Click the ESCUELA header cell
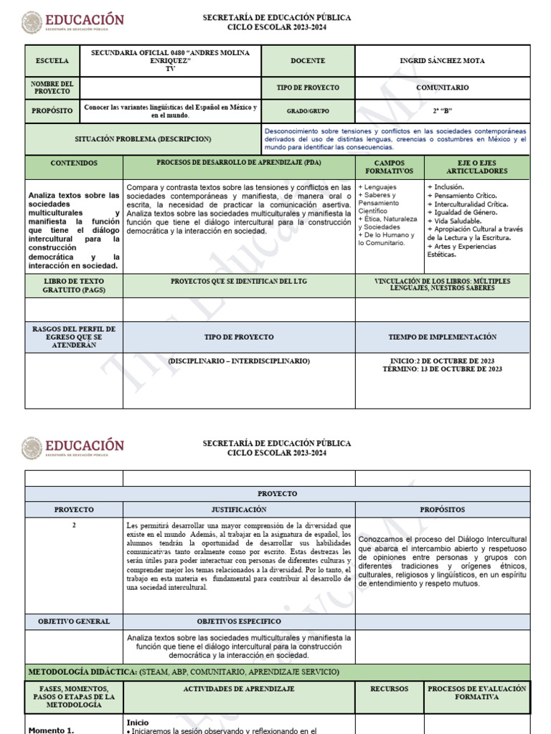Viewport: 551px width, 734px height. point(52,61)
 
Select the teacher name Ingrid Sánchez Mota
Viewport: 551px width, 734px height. point(442,61)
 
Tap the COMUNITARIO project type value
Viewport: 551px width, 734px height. point(442,87)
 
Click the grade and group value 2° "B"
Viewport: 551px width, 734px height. point(443,111)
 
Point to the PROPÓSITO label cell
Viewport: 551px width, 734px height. point(52,111)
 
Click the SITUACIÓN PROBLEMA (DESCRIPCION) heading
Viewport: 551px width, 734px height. point(143,139)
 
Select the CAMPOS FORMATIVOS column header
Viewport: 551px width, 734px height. point(390,168)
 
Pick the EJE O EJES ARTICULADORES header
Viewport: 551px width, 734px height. point(476,168)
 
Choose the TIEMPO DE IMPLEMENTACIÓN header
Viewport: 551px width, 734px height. point(442,336)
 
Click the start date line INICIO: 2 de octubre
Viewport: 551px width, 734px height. point(442,361)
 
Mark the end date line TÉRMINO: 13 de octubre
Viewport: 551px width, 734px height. point(442,369)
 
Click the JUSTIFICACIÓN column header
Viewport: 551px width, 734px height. point(238,510)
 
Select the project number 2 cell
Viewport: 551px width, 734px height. point(74,525)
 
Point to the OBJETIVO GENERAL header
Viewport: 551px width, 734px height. point(74,621)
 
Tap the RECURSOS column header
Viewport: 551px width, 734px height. point(389,689)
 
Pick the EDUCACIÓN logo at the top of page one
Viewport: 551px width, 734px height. point(72,22)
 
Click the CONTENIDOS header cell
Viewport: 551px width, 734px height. point(74,163)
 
